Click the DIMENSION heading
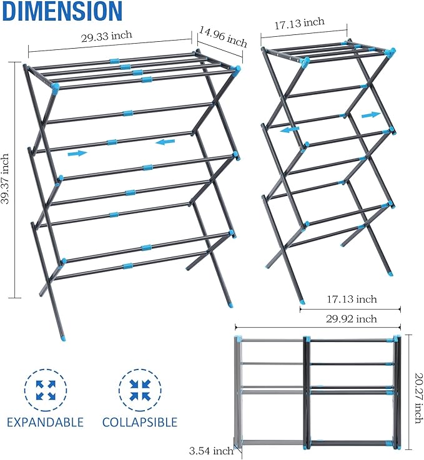61,11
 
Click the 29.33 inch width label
106,36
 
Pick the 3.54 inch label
211,451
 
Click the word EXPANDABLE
46,422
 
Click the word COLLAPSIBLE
140,422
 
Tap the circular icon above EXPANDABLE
46,390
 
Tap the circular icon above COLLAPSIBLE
140,390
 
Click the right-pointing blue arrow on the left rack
77,153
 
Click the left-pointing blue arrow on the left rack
165,142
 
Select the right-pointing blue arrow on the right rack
371,115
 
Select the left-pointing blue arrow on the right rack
289,130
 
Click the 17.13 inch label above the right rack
300,22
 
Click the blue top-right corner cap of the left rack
237,70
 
